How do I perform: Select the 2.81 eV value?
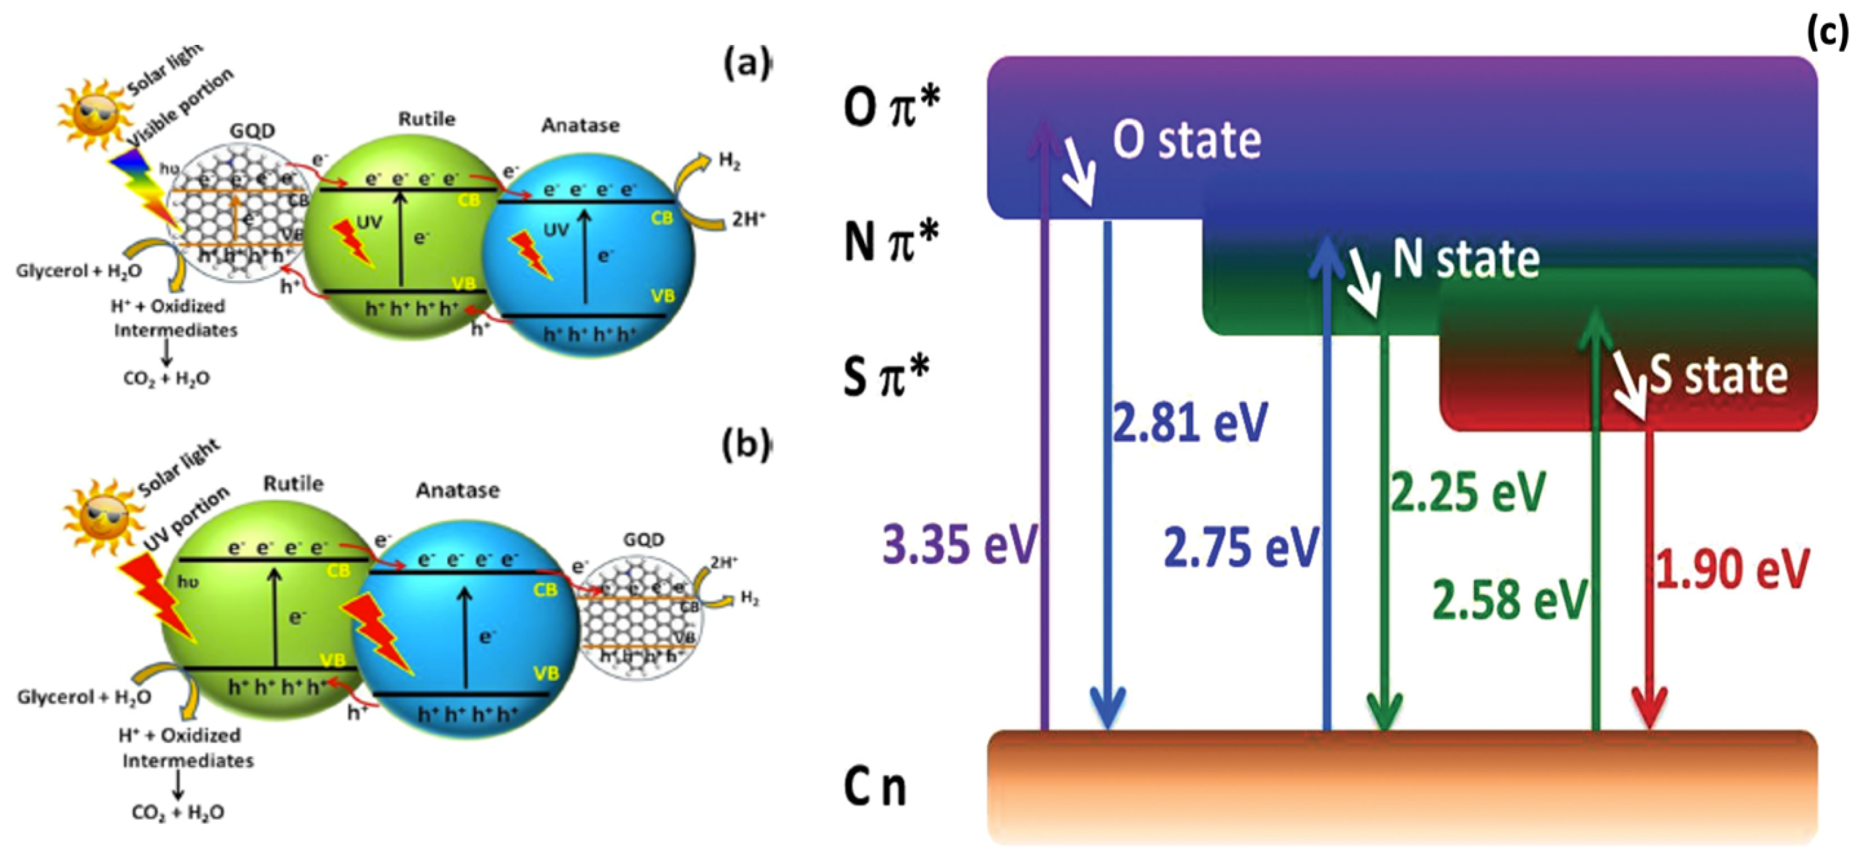click(1189, 422)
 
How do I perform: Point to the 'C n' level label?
click(875, 787)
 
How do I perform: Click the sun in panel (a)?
click(92, 112)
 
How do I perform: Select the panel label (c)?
click(1828, 33)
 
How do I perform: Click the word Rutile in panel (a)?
click(426, 119)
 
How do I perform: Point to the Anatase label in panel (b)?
click(458, 491)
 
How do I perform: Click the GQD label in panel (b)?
click(643, 540)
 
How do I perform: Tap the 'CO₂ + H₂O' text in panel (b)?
click(177, 813)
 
